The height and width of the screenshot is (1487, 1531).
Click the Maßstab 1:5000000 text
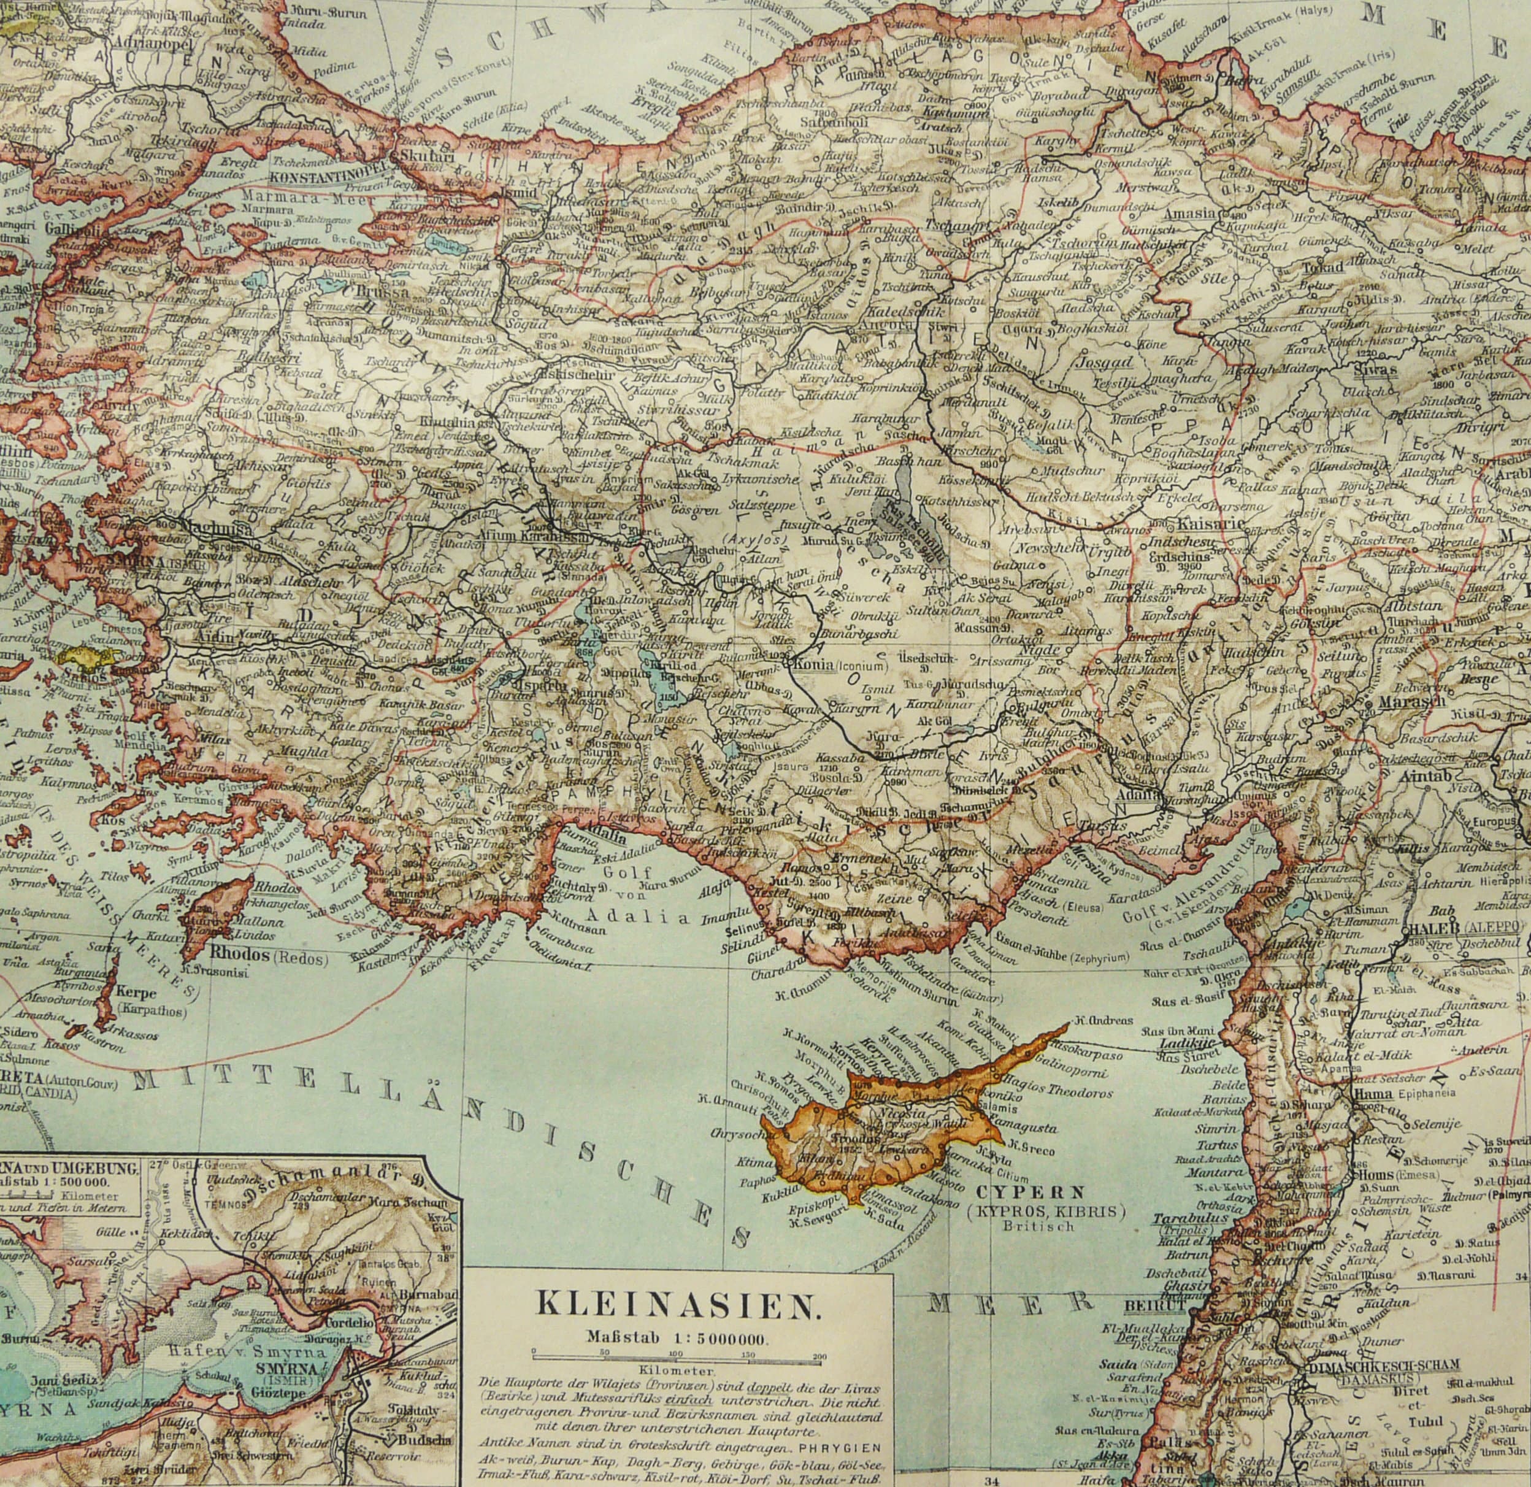pos(677,1337)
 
